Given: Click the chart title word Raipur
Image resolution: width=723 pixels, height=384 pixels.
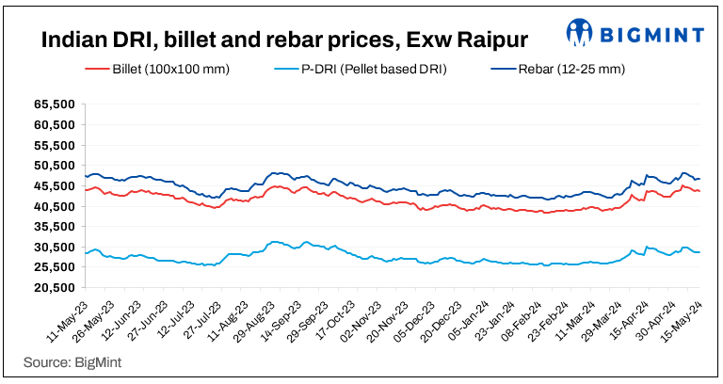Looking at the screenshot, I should point(482,40).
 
